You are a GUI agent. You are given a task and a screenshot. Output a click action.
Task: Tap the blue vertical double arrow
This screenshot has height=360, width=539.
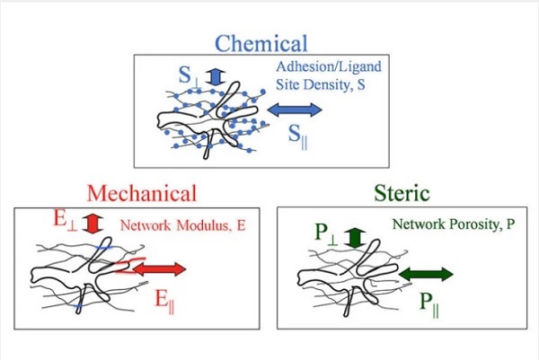click(214, 76)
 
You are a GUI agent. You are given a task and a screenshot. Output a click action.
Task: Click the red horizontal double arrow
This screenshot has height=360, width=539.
click(162, 268)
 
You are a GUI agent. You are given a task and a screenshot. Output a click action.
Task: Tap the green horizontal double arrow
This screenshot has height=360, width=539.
click(424, 272)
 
